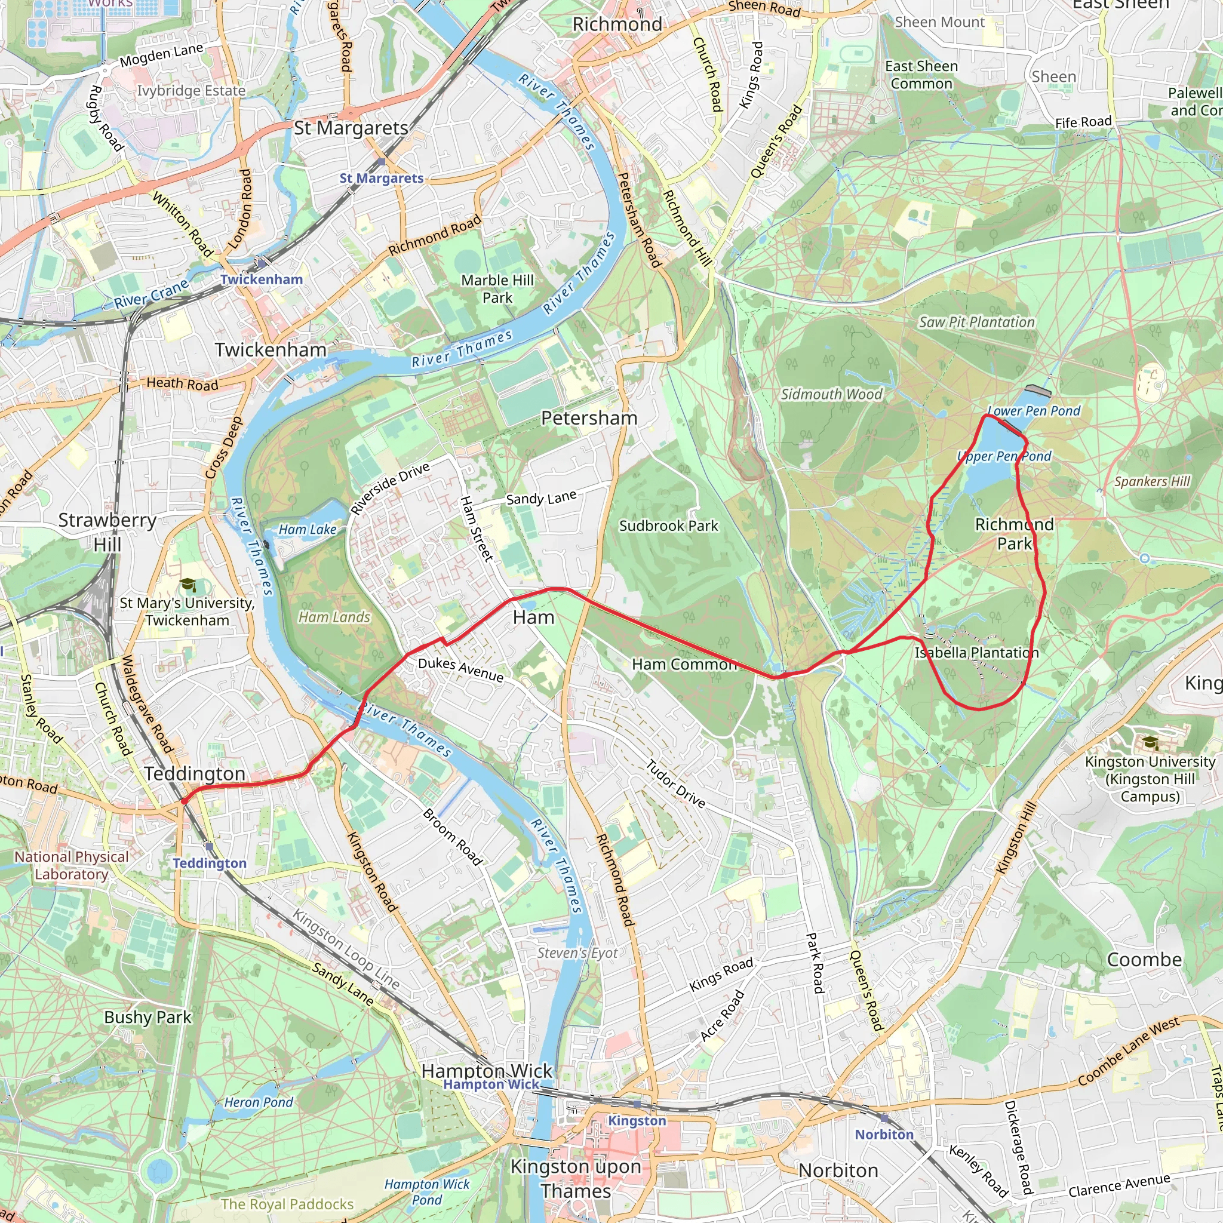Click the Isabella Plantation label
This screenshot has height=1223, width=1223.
click(x=976, y=652)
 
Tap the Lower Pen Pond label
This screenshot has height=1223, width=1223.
click(x=1034, y=411)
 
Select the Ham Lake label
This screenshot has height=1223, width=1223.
click(x=308, y=529)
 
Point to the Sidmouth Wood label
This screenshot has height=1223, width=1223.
click(x=831, y=394)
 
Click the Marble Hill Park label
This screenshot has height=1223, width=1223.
click(x=497, y=288)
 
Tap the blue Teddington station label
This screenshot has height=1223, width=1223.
click(x=210, y=864)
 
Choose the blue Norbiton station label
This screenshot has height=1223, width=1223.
click(x=884, y=1135)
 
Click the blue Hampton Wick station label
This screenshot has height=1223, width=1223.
click(x=491, y=1084)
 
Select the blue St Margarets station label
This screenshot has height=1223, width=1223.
click(x=381, y=179)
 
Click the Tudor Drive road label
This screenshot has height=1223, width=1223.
click(x=675, y=784)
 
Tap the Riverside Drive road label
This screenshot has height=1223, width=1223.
click(x=390, y=488)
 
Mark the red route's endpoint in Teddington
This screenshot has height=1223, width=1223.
click(x=184, y=801)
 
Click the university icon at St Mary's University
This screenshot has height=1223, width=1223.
click(x=188, y=584)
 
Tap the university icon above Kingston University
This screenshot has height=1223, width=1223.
click(x=1150, y=742)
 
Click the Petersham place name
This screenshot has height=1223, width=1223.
click(x=589, y=418)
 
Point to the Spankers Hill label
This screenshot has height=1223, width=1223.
click(x=1152, y=481)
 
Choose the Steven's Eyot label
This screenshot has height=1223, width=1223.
click(x=577, y=952)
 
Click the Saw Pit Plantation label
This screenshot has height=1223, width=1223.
click(x=976, y=322)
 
